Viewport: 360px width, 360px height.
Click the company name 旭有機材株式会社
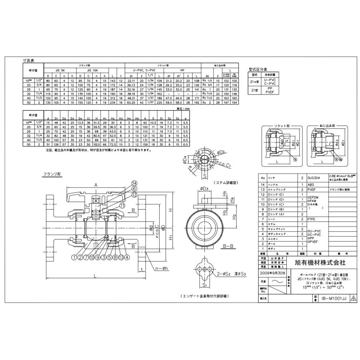[320, 262]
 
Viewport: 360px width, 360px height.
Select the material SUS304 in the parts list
[314, 176]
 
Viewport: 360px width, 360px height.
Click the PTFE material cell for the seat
[312, 220]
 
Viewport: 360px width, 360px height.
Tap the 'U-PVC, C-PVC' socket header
[146, 70]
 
